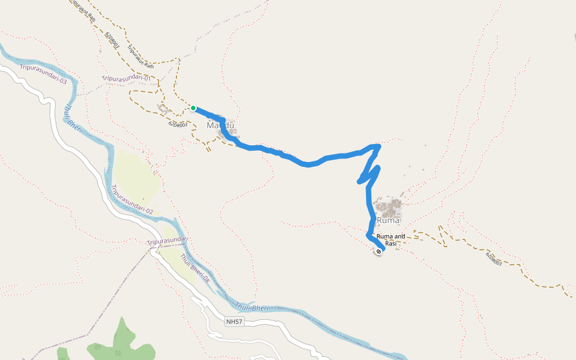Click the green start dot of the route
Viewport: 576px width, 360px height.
tap(193, 108)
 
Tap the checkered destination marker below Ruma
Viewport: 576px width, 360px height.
tap(379, 251)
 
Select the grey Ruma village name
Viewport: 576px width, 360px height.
tap(388, 221)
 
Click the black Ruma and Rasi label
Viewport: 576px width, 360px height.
tap(391, 240)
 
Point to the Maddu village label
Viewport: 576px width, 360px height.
tap(220, 126)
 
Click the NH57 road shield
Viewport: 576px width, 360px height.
tap(235, 322)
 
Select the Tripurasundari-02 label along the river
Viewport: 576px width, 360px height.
tap(131, 200)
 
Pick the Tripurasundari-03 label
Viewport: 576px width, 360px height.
tap(43, 74)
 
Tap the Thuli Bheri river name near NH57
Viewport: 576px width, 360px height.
tap(251, 307)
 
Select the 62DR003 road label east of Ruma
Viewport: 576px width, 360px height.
tap(493, 259)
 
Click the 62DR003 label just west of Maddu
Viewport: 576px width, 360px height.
tap(178, 124)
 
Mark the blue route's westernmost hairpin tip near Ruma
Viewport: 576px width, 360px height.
tap(359, 181)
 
